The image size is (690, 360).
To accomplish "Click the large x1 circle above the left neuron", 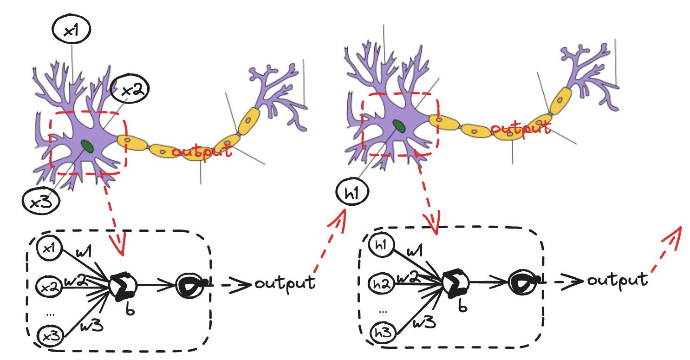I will [x=71, y=31].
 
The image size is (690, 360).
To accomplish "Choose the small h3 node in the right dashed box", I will [x=382, y=333].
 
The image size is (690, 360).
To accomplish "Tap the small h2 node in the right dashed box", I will [x=382, y=283].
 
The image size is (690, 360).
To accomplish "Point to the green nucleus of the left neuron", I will [x=87, y=146].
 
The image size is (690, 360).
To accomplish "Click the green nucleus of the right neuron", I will [x=397, y=125].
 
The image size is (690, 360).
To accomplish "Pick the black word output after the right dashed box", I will [x=617, y=280].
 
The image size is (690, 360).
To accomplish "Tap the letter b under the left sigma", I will [x=130, y=309].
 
